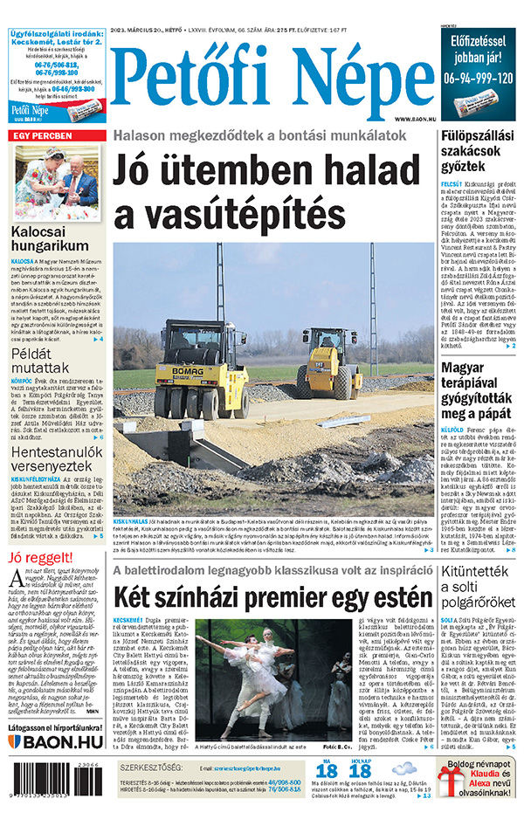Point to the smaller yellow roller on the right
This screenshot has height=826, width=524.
coord(330,361)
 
